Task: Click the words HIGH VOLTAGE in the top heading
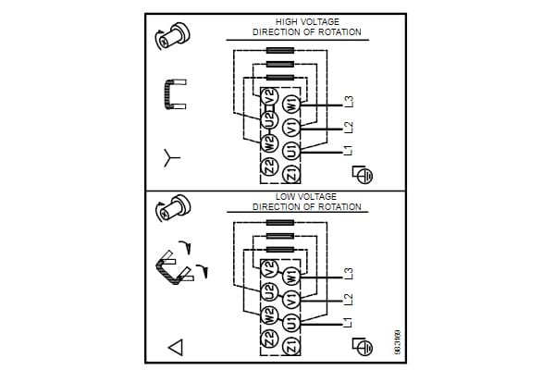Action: [307, 21]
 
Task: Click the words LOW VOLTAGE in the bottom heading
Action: [307, 197]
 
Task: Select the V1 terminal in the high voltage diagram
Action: [290, 127]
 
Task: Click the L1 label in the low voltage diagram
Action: [349, 325]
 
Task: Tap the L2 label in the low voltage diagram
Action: [349, 301]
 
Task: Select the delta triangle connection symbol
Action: [174, 348]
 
